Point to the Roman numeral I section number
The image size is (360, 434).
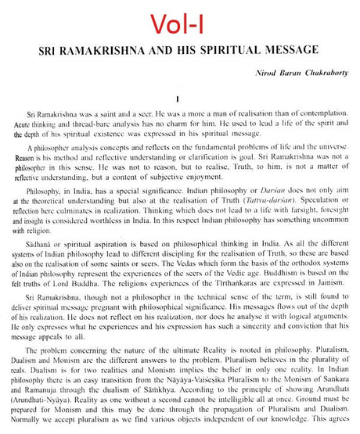pos(178,100)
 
